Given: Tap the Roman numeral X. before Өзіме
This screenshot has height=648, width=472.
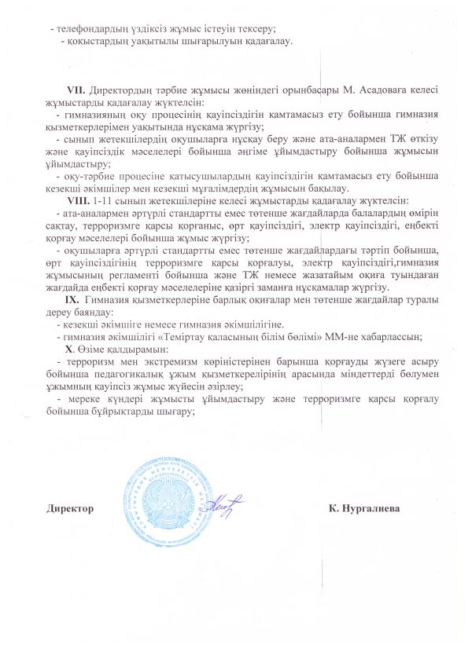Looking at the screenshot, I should tap(70, 348).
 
